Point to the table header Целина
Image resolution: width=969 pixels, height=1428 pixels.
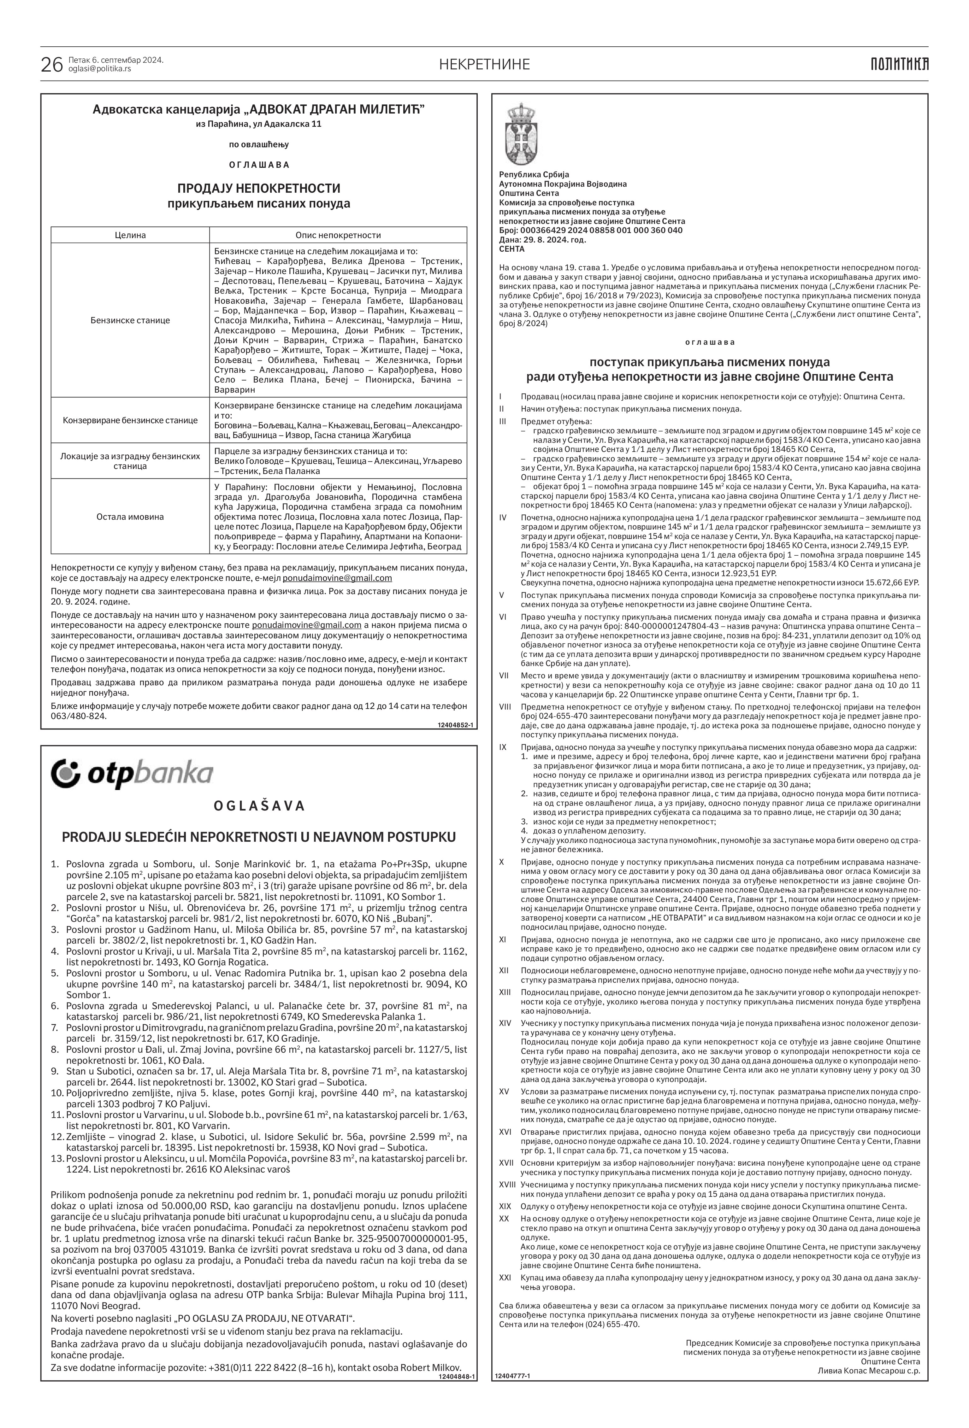pyautogui.click(x=130, y=235)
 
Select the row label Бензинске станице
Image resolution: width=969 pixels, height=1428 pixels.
pyautogui.click(x=130, y=320)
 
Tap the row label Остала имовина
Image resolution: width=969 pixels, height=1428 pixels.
pyautogui.click(x=130, y=516)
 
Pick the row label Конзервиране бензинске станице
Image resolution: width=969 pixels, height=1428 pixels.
pyautogui.click(x=130, y=420)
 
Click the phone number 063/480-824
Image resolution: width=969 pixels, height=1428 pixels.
pyautogui.click(x=78, y=717)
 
